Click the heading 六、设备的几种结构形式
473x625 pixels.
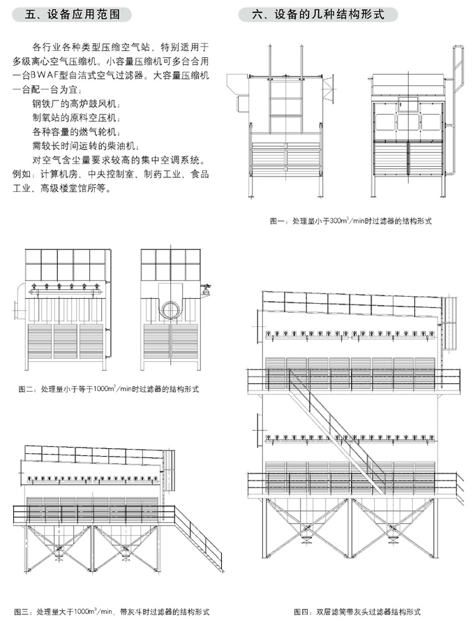(317, 14)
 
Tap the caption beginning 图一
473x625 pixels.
(350, 221)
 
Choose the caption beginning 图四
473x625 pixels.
(356, 612)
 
